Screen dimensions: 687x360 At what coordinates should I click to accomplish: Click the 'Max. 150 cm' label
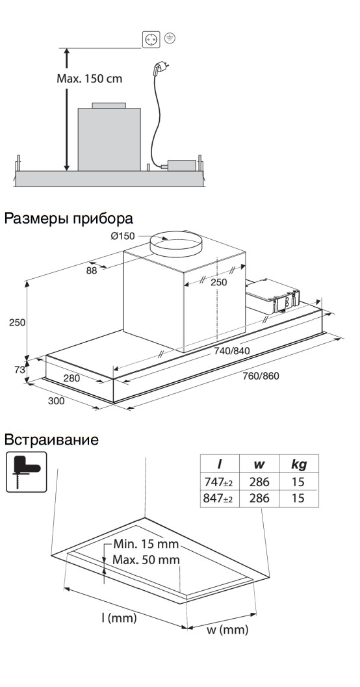(x=89, y=78)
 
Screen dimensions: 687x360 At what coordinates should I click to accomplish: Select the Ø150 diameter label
(x=123, y=236)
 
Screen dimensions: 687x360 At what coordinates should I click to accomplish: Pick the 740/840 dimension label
(x=232, y=351)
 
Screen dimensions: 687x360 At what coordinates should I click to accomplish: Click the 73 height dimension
(x=19, y=369)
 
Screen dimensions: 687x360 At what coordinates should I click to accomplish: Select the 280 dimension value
(x=73, y=378)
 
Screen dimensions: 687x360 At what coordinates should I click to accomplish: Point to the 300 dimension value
(x=57, y=401)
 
